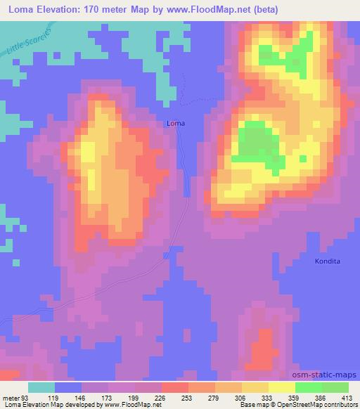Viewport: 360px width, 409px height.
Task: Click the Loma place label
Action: click(x=176, y=124)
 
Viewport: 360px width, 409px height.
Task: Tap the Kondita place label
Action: click(x=327, y=261)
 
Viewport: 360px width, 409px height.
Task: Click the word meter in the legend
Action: click(x=9, y=397)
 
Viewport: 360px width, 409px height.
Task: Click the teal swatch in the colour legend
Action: click(x=41, y=387)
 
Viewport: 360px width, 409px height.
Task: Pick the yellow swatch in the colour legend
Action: click(x=281, y=387)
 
